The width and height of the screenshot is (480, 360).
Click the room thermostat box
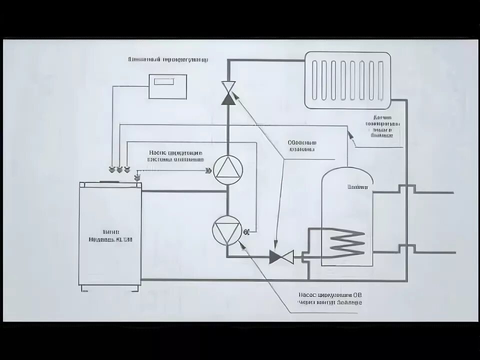click(x=167, y=86)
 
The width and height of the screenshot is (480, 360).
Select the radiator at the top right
click(x=348, y=80)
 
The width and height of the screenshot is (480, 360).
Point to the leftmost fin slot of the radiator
click(x=314, y=80)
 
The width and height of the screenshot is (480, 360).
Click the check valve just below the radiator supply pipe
click(x=229, y=93)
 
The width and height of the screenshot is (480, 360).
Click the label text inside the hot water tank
click(x=358, y=188)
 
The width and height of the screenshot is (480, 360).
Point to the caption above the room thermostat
click(x=168, y=59)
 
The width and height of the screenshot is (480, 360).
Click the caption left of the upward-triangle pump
click(x=175, y=156)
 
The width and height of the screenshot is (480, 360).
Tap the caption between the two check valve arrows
click(x=302, y=145)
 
